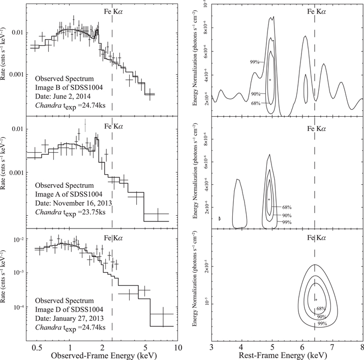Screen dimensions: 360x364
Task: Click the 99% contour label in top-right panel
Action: click(x=255, y=62)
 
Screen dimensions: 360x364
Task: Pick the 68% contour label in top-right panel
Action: click(x=255, y=104)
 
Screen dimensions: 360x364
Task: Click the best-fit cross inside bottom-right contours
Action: click(x=316, y=300)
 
